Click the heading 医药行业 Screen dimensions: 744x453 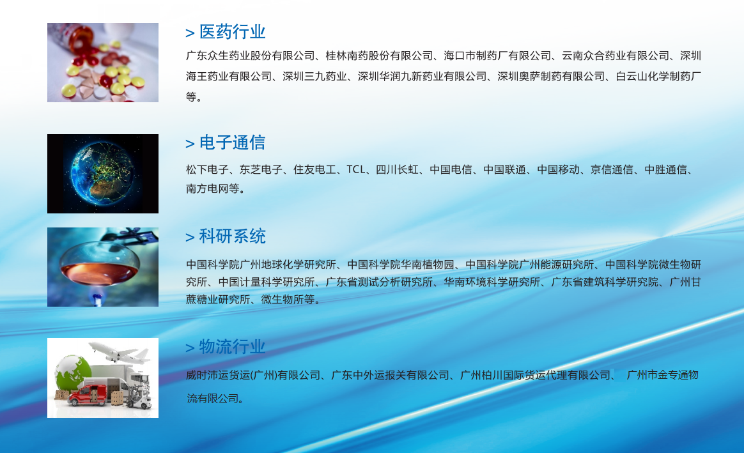[x=232, y=32]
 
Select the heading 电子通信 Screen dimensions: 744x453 [x=232, y=142]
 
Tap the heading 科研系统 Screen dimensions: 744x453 [x=232, y=236]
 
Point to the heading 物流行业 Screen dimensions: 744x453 [x=232, y=346]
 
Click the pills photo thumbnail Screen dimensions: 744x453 [x=103, y=63]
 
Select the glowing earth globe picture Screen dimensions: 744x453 [x=103, y=174]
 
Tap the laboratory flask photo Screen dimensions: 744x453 [x=103, y=267]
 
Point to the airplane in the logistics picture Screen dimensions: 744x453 [x=120, y=352]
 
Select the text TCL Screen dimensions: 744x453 [x=356, y=169]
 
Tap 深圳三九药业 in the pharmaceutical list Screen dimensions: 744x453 [x=314, y=77]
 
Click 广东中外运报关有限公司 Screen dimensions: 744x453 [x=390, y=375]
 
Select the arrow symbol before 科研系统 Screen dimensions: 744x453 [x=190, y=237]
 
